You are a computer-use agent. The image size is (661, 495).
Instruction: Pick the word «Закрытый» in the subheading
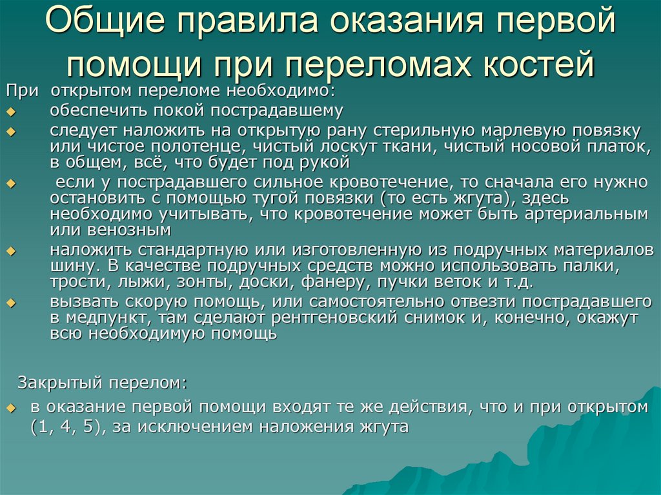pyautogui.click(x=60, y=382)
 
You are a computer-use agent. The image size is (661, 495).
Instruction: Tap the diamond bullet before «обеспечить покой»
pyautogui.click(x=9, y=112)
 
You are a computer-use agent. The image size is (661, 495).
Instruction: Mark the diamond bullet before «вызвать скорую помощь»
pyautogui.click(x=9, y=303)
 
